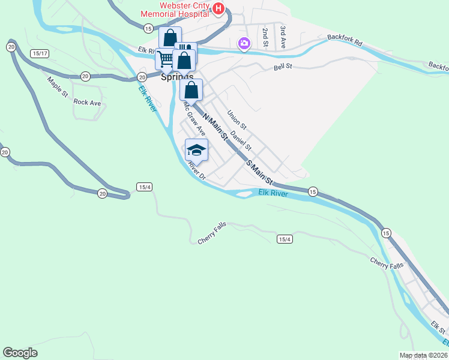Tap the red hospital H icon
tap(218, 8)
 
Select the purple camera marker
tap(244, 43)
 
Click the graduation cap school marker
tap(196, 149)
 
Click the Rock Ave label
tap(87, 103)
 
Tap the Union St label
tap(237, 119)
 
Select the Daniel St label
tap(241, 142)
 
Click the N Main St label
tap(215, 127)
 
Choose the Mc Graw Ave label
tap(194, 118)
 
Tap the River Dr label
tap(196, 171)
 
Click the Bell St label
tap(283, 67)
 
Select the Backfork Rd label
tap(345, 40)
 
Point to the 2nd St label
tap(264, 36)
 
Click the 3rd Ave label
tap(283, 36)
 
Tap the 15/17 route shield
tap(40, 54)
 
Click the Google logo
tap(20, 353)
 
